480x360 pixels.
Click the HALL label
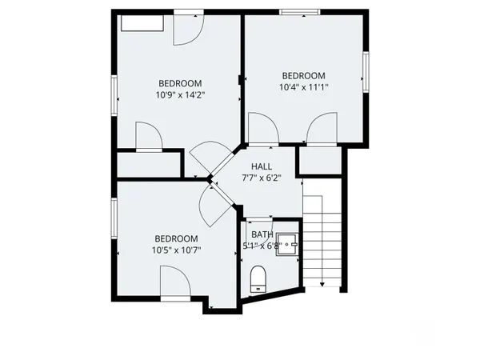[x=262, y=166]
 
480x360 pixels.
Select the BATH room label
[x=261, y=234]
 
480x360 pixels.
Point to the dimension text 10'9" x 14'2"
[x=179, y=94]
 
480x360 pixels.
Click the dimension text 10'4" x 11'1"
[x=304, y=87]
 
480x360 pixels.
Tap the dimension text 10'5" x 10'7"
[x=176, y=250]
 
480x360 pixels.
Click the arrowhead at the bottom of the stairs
[x=321, y=283]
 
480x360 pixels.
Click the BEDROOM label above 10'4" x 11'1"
[x=304, y=76]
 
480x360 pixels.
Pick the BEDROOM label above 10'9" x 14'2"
[x=179, y=83]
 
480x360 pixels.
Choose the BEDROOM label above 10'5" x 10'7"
[x=176, y=238]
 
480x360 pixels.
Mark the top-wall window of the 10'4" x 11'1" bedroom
[x=301, y=11]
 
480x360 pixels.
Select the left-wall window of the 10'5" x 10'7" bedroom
[x=115, y=225]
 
